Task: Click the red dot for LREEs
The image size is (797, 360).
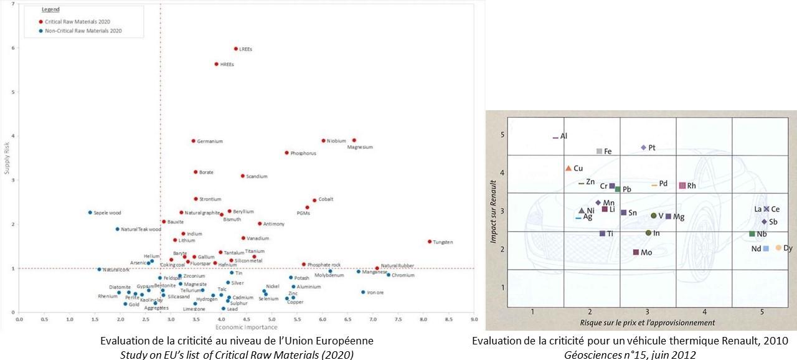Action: pos(236,49)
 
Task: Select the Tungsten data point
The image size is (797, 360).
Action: pos(430,241)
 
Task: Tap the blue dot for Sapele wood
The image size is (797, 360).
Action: pos(90,212)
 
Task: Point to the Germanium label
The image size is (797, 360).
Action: pos(210,141)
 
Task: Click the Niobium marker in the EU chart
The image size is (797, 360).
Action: pos(323,141)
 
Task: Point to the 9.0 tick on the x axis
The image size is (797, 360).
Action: pos(474,319)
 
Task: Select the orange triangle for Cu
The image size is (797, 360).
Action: pos(568,168)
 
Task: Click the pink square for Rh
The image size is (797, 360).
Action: pos(682,186)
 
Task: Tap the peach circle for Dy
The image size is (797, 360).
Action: pos(778,248)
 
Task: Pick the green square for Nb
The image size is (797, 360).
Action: pos(752,234)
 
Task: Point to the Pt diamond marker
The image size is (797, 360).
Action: pos(644,148)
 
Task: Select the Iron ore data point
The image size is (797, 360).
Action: pos(363,292)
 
